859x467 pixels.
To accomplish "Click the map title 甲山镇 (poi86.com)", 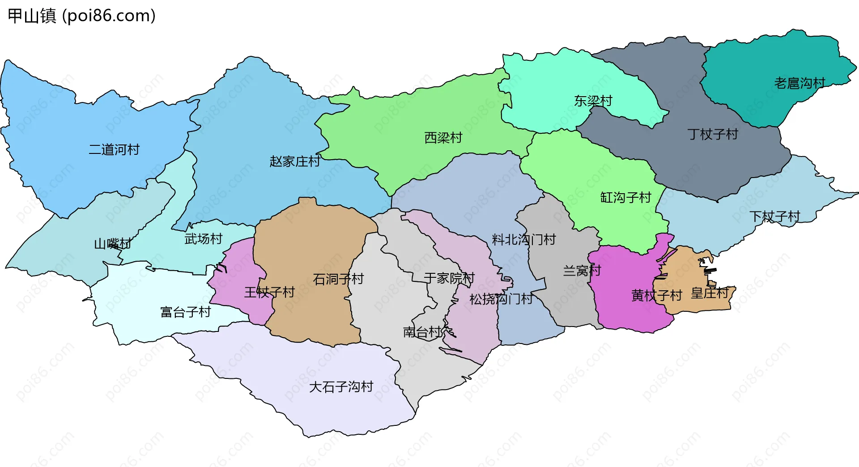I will point(82,16).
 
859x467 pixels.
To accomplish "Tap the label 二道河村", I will point(114,149).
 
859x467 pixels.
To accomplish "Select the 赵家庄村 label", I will point(295,161).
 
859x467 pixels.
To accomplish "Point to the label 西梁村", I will point(443,137).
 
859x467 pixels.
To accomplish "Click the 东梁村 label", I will point(593,101).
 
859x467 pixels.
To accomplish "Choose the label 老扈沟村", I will point(799,83).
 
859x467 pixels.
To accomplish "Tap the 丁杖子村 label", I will point(712,134).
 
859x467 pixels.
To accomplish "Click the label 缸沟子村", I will point(625,197).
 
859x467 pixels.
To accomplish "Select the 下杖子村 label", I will point(774,217).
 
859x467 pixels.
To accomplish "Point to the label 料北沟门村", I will point(523,240).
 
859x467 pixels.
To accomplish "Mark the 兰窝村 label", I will point(582,271).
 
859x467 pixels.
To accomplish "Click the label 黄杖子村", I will point(656,295).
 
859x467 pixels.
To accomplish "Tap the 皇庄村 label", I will point(710,293).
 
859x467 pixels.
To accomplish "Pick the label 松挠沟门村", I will point(501,299).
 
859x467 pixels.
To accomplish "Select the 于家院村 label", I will point(449,278).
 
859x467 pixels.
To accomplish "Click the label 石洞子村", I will point(338,279).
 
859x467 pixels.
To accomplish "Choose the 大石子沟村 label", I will point(341,387).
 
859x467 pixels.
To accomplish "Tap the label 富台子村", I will point(185,312).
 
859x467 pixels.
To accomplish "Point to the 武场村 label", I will point(203,239).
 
